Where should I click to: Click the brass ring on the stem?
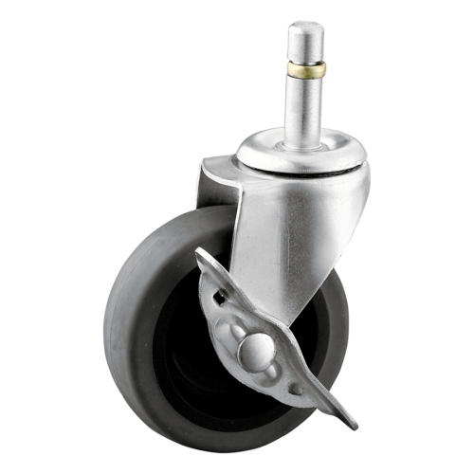pos(306,69)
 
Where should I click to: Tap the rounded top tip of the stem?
pos(306,28)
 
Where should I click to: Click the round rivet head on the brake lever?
pos(254,353)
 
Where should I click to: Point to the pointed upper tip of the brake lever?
pos(202,254)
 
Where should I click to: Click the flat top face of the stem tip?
pos(306,26)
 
